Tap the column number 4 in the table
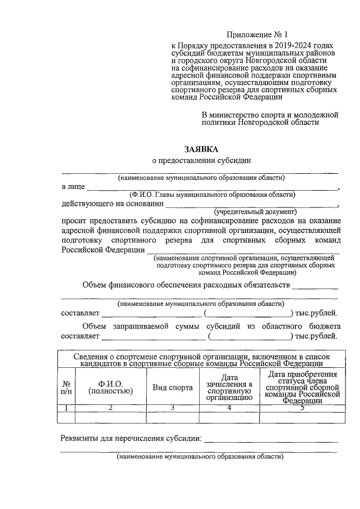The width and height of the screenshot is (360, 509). pos(228,408)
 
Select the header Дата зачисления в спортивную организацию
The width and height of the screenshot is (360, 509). pos(228,388)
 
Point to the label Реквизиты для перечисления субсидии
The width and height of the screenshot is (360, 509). pos(130,439)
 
